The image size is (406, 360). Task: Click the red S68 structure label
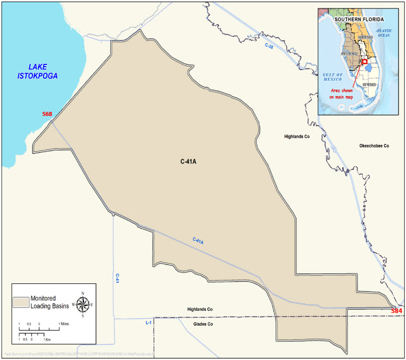pyautogui.click(x=47, y=114)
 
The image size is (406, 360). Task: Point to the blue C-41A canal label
pyautogui.click(x=198, y=241)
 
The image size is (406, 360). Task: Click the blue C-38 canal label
pyautogui.click(x=270, y=46)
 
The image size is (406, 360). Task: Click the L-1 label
pyautogui.click(x=148, y=323)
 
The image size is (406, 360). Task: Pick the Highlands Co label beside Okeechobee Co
pyautogui.click(x=296, y=136)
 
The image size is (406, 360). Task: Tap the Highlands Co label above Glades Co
pyautogui.click(x=201, y=309)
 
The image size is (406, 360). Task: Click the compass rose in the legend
pyautogui.click(x=82, y=305)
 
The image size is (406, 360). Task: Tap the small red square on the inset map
pyautogui.click(x=364, y=62)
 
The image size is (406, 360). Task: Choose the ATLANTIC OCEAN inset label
pyautogui.click(x=384, y=34)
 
